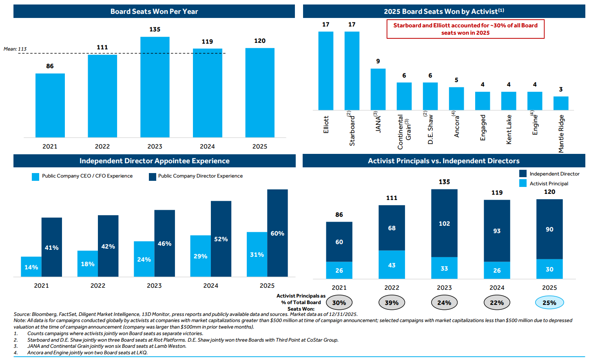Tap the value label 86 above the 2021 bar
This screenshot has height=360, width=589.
pos(50,66)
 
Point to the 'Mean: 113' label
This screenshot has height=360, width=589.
pos(15,49)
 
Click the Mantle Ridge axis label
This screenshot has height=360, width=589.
pos(561,133)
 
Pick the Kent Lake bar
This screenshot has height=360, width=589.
pos(509,101)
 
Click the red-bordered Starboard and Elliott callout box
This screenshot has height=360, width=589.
pos(465,29)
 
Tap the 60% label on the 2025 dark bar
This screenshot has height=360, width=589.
pos(277,233)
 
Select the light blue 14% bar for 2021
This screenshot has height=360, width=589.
pos(31,267)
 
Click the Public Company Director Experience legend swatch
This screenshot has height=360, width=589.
pos(153,176)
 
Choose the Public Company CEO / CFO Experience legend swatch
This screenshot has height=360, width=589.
pos(35,176)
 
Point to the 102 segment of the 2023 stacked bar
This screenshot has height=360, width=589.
pos(444,223)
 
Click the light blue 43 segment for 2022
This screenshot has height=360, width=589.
pos(392,265)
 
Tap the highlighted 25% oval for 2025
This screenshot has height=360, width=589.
pos(549,302)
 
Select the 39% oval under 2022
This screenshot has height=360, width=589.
pos(392,302)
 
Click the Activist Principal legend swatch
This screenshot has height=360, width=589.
pos(523,183)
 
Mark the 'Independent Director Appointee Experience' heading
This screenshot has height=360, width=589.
pos(155,161)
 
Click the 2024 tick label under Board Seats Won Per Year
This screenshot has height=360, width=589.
pos(207,147)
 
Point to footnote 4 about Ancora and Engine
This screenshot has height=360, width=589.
pos(87,353)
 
